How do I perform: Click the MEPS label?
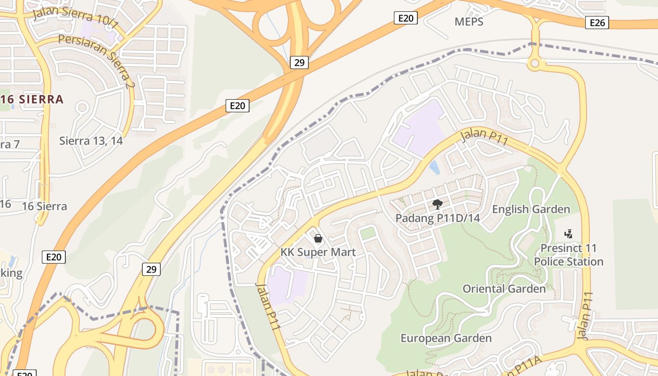469,22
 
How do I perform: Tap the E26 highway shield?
597,23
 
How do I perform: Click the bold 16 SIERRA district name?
32,100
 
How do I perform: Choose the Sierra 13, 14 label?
91,141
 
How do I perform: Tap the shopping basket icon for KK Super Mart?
318,238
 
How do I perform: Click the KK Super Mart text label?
318,252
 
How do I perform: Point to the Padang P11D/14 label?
438,218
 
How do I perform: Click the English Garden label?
531,209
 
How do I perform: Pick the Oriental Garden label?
504,289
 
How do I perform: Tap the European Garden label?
446,338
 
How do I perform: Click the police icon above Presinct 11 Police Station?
569,234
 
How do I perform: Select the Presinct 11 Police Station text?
569,255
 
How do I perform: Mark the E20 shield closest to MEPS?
405,18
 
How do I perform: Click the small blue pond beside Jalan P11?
435,167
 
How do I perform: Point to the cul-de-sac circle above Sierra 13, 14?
82,108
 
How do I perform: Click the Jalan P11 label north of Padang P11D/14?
484,137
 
